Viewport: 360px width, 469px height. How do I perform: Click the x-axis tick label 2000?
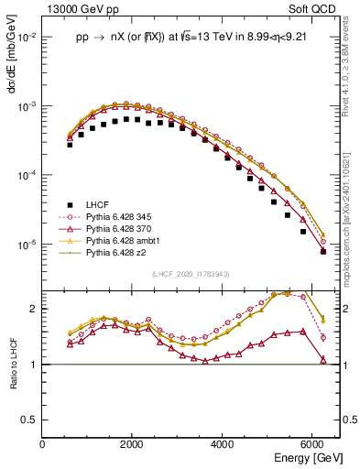pyautogui.click(x=133, y=444)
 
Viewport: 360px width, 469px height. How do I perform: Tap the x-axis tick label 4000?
pyautogui.click(x=223, y=444)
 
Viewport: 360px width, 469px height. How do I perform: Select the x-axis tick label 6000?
pyautogui.click(x=312, y=444)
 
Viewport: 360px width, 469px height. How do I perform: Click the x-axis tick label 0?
pyautogui.click(x=43, y=444)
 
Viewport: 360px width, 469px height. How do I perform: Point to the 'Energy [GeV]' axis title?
pyautogui.click(x=307, y=457)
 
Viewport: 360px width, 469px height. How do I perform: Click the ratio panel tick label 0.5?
pyautogui.click(x=32, y=420)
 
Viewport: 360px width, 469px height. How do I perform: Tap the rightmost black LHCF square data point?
pyautogui.click(x=322, y=251)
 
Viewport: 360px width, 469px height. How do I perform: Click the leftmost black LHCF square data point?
pyautogui.click(x=70, y=145)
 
